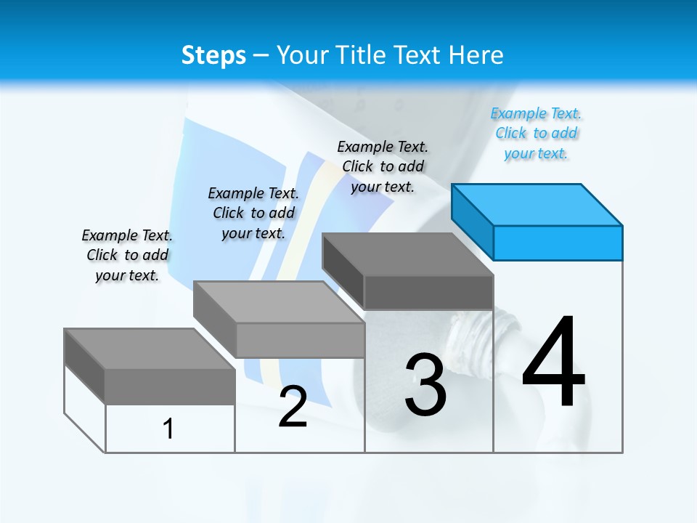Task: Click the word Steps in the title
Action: (x=213, y=55)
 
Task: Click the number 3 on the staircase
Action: (x=425, y=385)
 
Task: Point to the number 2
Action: (x=293, y=407)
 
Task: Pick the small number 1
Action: (x=168, y=429)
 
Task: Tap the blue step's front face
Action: (x=558, y=243)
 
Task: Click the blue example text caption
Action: (x=536, y=134)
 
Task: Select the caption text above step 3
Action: (x=383, y=166)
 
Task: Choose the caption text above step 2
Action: (x=253, y=213)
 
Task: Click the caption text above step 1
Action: (x=127, y=255)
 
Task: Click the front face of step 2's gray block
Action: (x=301, y=340)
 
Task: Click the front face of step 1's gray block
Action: (x=170, y=386)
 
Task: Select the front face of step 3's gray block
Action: (x=428, y=292)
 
